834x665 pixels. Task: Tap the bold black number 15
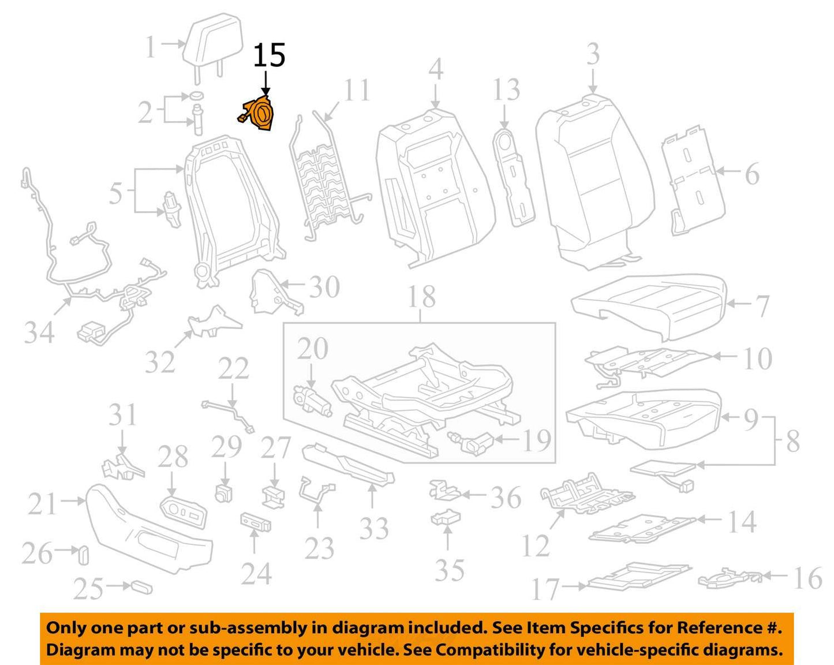click(x=270, y=55)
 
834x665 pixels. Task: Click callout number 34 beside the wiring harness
click(x=39, y=332)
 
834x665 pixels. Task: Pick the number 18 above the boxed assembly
click(x=422, y=297)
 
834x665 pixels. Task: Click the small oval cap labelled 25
click(x=143, y=588)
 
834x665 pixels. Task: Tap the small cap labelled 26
click(x=84, y=555)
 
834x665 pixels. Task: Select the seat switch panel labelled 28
click(x=183, y=511)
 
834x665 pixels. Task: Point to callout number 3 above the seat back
click(x=593, y=54)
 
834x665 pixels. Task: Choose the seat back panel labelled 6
click(x=693, y=180)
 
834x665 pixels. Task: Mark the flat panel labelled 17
click(x=639, y=578)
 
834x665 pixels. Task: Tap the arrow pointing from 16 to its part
click(x=775, y=577)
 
